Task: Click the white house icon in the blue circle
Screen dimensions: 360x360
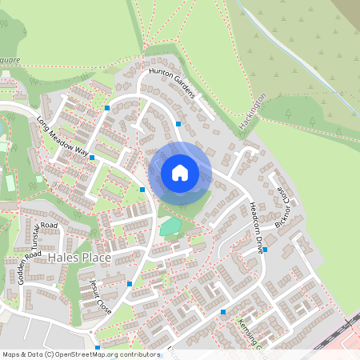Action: click(180, 172)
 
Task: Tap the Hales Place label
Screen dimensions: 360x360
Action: click(80, 258)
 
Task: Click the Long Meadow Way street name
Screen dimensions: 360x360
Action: click(62, 136)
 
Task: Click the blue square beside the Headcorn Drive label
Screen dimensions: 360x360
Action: click(266, 249)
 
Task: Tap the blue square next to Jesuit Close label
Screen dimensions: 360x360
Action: click(129, 283)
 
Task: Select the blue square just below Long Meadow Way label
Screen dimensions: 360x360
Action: click(92, 158)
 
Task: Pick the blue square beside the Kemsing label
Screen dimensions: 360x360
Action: click(223, 312)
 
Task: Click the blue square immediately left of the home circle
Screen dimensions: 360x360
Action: click(142, 189)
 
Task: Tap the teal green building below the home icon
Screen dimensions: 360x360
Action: click(170, 227)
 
